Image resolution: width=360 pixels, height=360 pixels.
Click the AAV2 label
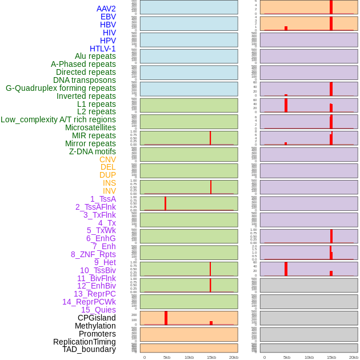(106, 9)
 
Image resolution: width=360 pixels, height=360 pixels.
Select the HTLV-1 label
(103, 49)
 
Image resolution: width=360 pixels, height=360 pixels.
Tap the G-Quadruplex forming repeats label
(61, 88)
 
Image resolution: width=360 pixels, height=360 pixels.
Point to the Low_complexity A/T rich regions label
(58, 119)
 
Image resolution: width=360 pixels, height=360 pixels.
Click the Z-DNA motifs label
(93, 151)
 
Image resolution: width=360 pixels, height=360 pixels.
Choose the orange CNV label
(107, 159)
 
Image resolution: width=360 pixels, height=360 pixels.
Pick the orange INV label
(109, 191)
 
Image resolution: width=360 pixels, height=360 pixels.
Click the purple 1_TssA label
(103, 199)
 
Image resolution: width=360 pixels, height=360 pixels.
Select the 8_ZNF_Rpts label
(93, 254)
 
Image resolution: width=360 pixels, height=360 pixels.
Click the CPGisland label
(97, 318)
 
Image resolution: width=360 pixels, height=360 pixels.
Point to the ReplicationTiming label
(85, 342)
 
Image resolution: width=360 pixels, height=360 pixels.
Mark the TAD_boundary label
(89, 349)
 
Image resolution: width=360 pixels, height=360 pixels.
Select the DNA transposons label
(85, 80)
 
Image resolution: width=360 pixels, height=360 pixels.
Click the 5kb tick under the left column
(166, 357)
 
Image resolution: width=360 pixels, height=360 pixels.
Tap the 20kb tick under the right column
(354, 357)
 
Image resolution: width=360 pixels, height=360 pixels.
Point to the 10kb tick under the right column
(309, 357)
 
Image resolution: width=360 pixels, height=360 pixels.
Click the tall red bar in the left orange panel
(166, 318)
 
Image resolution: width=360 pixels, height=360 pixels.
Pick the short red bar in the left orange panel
(211, 323)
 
